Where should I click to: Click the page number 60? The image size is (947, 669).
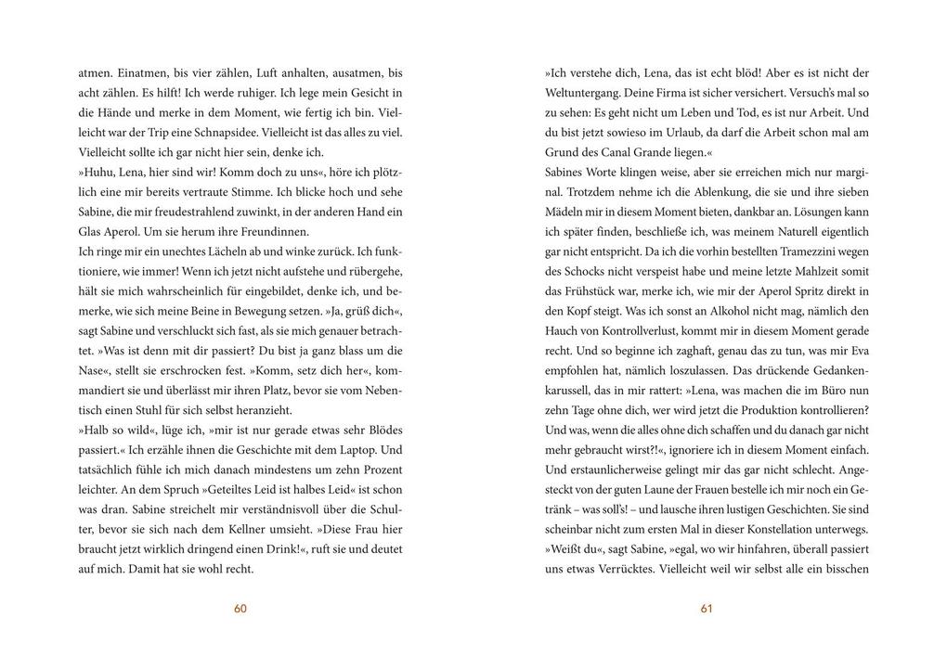click(240, 609)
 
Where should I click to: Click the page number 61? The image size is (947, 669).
click(707, 609)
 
